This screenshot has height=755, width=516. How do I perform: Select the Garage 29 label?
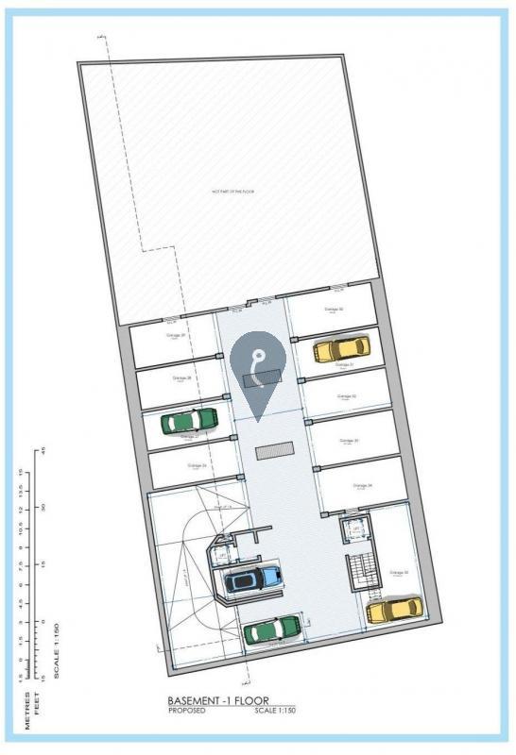(x=176, y=335)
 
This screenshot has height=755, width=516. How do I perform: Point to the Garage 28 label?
(x=182, y=377)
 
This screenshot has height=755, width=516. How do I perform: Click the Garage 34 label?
(x=363, y=486)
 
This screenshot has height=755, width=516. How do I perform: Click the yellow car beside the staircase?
(x=394, y=609)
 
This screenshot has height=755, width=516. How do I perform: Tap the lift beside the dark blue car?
(x=221, y=556)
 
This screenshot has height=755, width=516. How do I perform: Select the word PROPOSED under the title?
(x=187, y=711)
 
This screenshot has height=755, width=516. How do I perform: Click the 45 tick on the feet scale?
(x=43, y=451)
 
